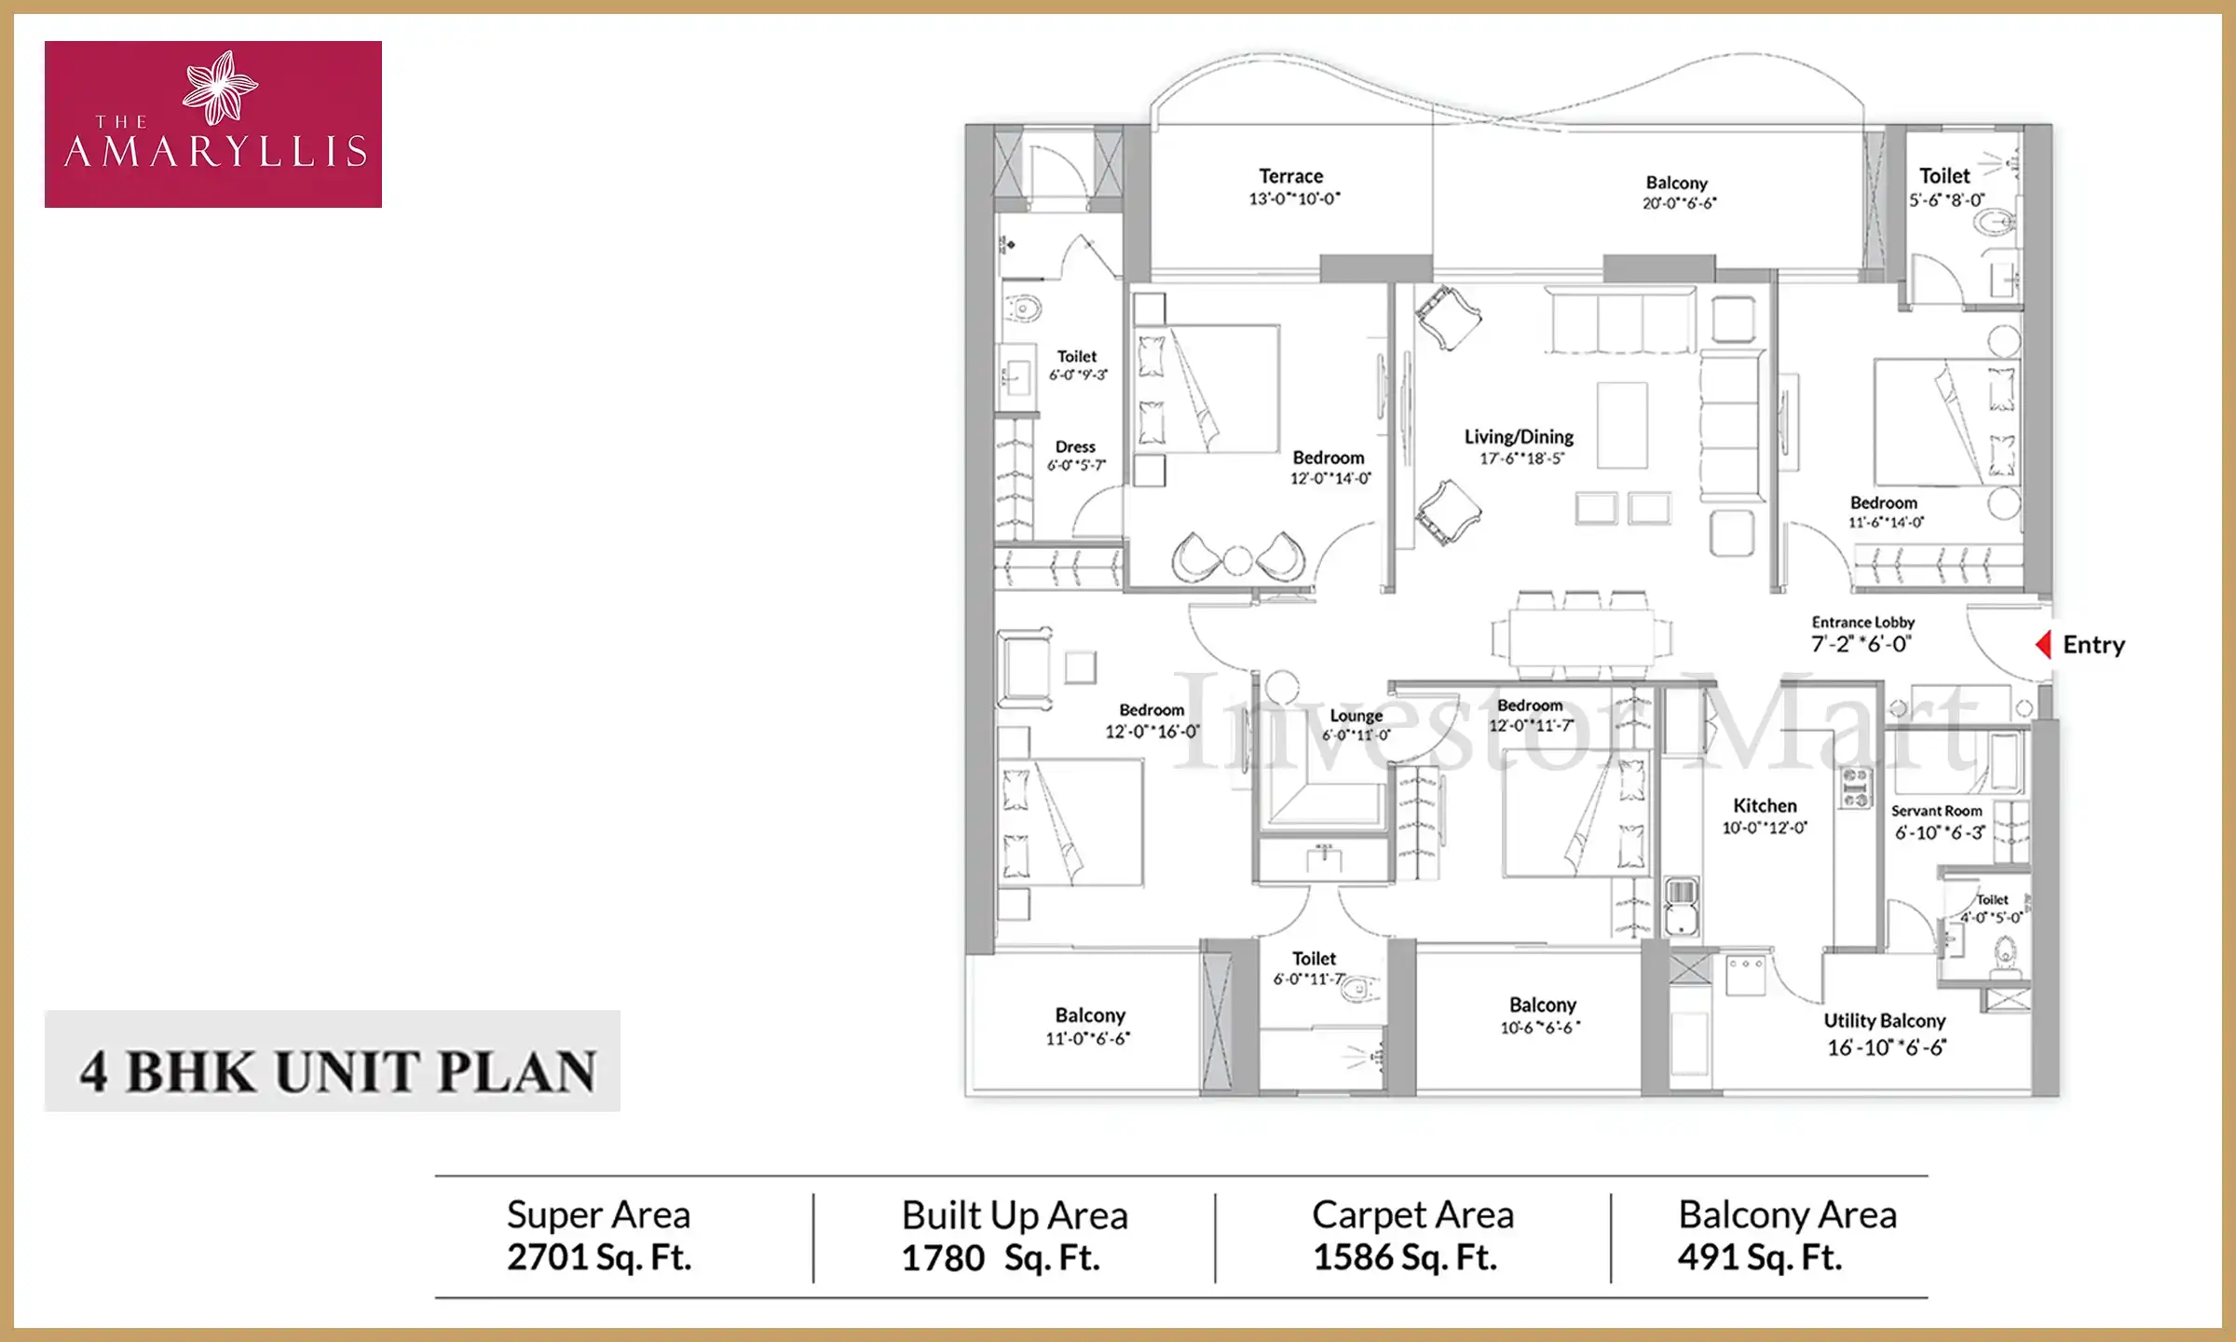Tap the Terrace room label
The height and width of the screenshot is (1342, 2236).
1290,176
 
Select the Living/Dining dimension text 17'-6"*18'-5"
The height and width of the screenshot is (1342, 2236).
1520,459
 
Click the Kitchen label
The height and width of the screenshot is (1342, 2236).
1765,805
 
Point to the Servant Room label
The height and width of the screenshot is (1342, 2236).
1936,811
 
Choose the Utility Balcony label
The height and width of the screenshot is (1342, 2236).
1884,1020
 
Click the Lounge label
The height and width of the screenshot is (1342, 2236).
1356,716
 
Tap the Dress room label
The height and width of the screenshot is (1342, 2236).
1075,447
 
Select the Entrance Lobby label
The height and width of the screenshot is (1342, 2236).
1862,622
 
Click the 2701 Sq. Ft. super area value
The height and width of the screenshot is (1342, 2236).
599,1257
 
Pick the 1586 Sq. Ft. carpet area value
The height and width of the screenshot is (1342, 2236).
1404,1257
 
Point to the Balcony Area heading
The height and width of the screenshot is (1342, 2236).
1787,1215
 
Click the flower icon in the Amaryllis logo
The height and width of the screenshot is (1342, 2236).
220,87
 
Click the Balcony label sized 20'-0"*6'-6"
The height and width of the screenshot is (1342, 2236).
1676,183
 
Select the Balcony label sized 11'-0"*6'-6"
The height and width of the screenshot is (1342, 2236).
1090,1015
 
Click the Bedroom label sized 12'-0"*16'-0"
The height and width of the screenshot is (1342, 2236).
1152,710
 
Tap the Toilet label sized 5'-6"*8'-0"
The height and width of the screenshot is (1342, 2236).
1944,176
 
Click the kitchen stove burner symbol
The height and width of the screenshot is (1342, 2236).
1855,787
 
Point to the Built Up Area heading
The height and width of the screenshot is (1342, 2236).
1015,1215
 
